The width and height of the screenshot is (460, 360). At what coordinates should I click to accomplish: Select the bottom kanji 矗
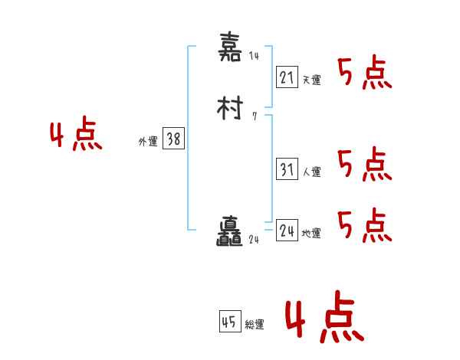click(230, 234)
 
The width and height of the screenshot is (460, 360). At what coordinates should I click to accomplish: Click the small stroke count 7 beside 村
click(254, 116)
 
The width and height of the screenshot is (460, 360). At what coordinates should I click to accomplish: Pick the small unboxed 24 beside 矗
click(255, 240)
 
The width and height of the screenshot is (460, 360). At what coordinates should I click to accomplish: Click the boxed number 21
click(287, 77)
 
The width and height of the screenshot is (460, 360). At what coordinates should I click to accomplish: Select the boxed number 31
click(287, 170)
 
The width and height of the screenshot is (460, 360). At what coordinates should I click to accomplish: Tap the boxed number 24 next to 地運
click(287, 231)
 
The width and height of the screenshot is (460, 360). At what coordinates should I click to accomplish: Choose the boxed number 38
click(173, 139)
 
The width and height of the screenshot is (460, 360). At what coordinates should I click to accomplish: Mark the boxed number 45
click(229, 322)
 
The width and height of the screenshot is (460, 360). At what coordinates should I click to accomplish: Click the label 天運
click(311, 80)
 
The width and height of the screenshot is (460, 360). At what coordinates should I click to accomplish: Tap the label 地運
click(311, 234)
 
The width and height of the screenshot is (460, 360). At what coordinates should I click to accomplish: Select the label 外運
click(147, 142)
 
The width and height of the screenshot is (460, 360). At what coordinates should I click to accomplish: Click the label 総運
click(254, 325)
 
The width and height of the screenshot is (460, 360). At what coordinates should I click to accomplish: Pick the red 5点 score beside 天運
click(364, 74)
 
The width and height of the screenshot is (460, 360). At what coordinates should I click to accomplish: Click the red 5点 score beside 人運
click(364, 164)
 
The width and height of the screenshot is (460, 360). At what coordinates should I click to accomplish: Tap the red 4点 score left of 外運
click(76, 136)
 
